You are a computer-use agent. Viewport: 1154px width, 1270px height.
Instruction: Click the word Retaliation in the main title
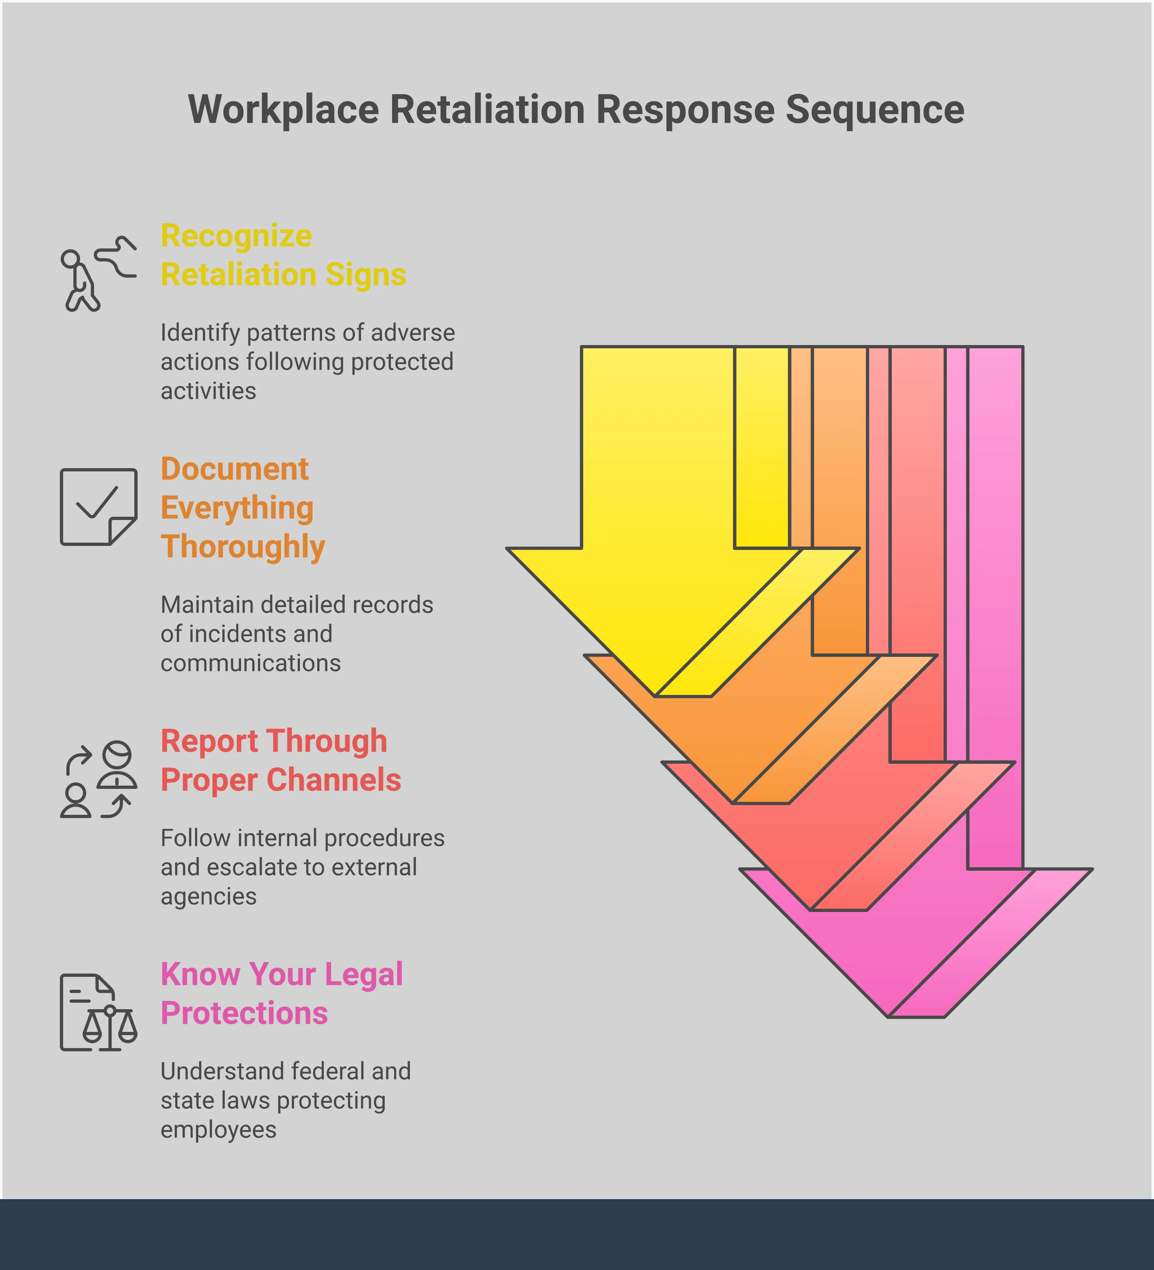click(x=488, y=110)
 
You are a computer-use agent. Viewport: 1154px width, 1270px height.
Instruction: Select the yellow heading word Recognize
click(x=236, y=236)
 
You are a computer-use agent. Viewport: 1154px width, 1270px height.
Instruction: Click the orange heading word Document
click(x=234, y=469)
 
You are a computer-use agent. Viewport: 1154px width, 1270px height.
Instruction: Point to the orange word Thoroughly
click(x=242, y=547)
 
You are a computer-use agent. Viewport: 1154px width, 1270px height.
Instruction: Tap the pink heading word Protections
click(x=244, y=1013)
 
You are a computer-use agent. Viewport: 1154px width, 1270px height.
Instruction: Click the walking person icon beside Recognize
click(x=97, y=274)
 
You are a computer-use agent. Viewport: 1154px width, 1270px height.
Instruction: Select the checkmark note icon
click(x=98, y=507)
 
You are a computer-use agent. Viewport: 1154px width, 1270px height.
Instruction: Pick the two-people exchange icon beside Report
click(x=98, y=779)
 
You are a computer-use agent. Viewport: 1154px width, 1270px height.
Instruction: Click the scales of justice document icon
click(x=98, y=1012)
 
